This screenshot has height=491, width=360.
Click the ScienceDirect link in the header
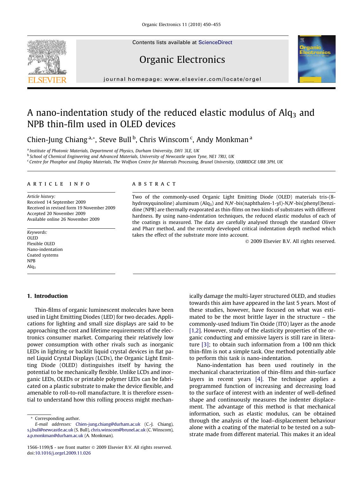[x=215, y=43]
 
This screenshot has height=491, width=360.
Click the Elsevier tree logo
[x=47, y=57]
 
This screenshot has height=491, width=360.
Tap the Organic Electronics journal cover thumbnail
[x=316, y=59]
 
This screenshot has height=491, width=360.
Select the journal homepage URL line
[x=182, y=79]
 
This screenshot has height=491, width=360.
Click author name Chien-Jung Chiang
[x=57, y=140]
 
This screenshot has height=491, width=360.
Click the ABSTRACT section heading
[x=154, y=184]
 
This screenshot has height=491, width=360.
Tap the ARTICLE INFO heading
[x=59, y=184]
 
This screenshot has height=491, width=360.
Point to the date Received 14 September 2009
[x=56, y=202]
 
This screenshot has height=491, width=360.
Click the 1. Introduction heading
[x=47, y=296]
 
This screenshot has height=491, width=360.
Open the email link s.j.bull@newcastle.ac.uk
[x=50, y=430]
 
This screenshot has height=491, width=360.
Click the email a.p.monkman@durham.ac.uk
[x=55, y=436]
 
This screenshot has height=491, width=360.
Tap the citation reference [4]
[x=259, y=379]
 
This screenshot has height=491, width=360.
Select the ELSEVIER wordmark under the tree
[x=47, y=80]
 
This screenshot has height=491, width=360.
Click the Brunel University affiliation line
[x=156, y=162]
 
